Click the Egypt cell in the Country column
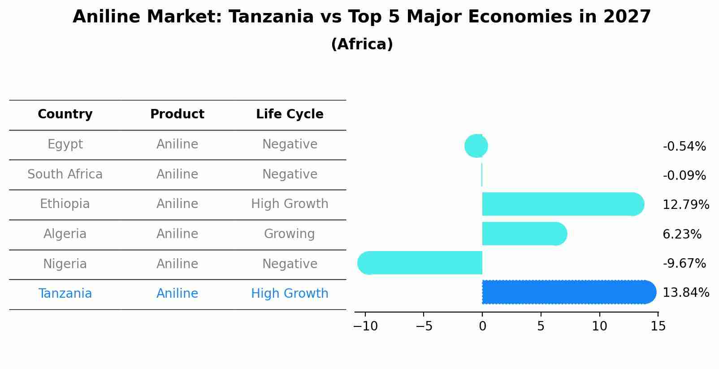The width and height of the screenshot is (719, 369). [x=65, y=144]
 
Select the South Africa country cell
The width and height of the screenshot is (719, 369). [x=65, y=174]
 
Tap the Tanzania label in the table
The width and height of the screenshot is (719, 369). [x=65, y=294]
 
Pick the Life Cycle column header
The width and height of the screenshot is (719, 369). [x=290, y=114]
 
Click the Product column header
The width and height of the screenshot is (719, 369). [x=177, y=114]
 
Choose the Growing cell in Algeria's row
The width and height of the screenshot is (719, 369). [x=290, y=234]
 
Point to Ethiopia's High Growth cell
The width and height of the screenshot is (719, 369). [x=290, y=204]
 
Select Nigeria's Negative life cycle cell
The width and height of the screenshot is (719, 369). [x=290, y=264]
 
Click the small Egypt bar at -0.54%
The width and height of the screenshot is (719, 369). [x=476, y=146]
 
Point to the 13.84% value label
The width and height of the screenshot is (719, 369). [x=686, y=293]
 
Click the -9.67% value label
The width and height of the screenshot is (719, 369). [x=684, y=263]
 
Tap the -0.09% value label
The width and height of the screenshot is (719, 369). [x=684, y=175]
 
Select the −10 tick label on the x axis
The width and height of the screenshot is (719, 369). [x=365, y=326]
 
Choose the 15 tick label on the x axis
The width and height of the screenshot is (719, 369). [x=658, y=326]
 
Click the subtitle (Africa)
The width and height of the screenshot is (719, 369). [x=362, y=44]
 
